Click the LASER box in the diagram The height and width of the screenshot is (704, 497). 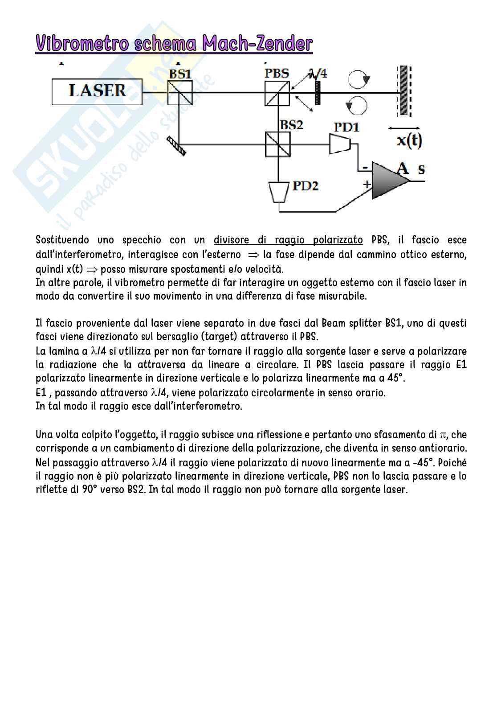pyautogui.click(x=97, y=92)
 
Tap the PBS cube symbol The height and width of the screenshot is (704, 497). pyautogui.click(x=277, y=93)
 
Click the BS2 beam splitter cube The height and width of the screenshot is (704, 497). pyautogui.click(x=277, y=144)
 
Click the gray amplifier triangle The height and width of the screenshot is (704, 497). pyautogui.click(x=389, y=181)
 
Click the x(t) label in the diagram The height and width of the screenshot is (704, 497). pyautogui.click(x=409, y=140)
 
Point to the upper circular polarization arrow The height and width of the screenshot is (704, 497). pyautogui.click(x=359, y=80)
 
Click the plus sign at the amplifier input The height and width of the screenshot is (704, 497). pyautogui.click(x=367, y=184)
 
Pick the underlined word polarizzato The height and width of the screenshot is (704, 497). pyautogui.click(x=338, y=240)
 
